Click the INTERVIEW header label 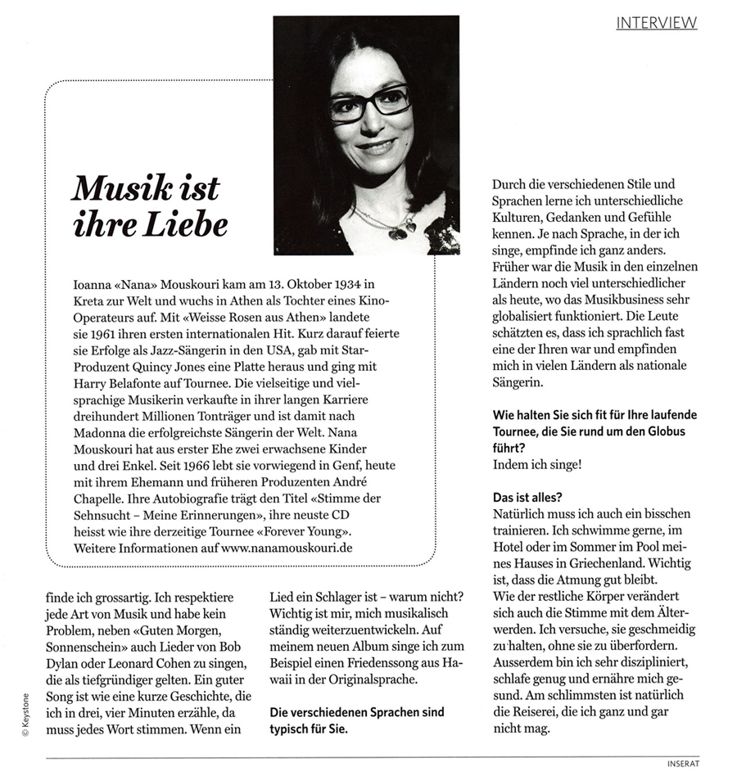point(656,22)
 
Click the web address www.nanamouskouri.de point(287,548)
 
